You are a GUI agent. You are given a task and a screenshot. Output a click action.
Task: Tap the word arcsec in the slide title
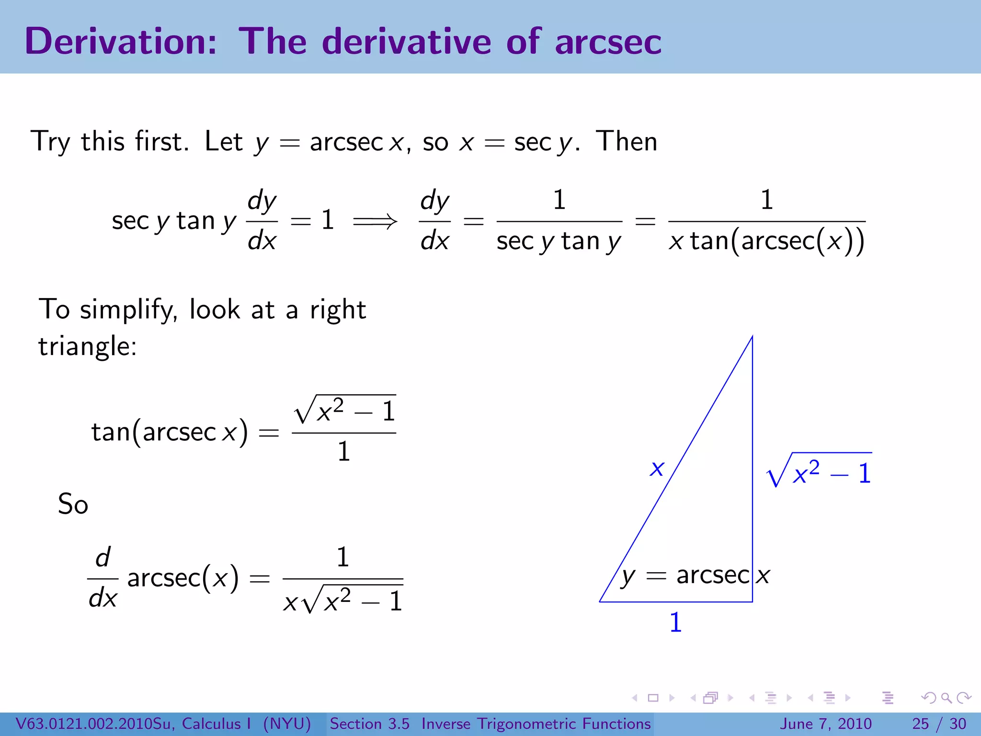(x=608, y=42)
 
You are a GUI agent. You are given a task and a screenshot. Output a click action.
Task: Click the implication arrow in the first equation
(x=375, y=221)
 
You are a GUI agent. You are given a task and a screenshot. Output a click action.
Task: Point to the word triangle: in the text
(x=88, y=346)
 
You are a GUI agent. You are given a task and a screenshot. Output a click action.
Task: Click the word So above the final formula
(x=73, y=504)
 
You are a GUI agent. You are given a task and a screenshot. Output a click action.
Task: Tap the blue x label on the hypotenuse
(x=657, y=468)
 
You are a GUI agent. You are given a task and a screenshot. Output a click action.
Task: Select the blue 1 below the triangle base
(x=675, y=622)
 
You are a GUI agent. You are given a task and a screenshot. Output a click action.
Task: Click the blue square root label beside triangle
(x=819, y=471)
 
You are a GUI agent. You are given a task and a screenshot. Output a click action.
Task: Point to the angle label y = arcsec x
(x=695, y=575)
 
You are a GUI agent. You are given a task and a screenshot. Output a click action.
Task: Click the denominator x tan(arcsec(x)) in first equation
(x=766, y=241)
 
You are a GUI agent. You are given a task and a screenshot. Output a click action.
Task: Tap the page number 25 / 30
(x=939, y=724)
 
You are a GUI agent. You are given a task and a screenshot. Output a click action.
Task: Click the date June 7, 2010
(x=826, y=724)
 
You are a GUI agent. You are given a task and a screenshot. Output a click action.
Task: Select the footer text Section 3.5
(x=369, y=724)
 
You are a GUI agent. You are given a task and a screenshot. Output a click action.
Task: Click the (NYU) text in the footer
(x=287, y=724)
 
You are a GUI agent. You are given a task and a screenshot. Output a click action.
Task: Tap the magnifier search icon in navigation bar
(x=946, y=698)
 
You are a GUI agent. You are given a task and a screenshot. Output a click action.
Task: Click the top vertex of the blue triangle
(x=752, y=337)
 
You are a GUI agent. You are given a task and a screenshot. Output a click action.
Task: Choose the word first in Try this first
(x=161, y=142)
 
